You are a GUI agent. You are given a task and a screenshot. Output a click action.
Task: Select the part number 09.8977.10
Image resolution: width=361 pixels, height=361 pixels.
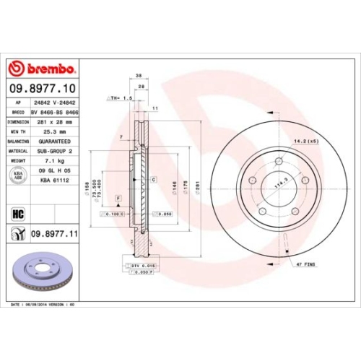click(45, 89)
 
